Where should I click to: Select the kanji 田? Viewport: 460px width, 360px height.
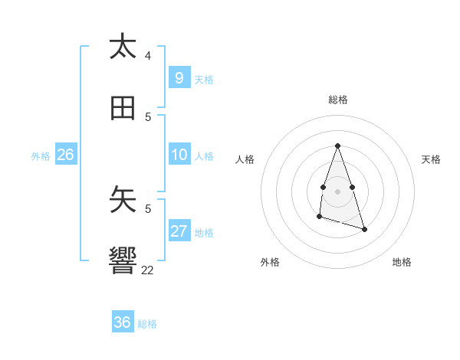[123, 109]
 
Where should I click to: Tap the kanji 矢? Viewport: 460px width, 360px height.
[123, 200]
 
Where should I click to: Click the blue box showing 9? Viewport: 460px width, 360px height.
[179, 77]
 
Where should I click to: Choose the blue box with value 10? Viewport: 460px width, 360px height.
[179, 155]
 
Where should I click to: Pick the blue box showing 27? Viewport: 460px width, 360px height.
[179, 231]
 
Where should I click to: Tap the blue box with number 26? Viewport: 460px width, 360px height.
[65, 155]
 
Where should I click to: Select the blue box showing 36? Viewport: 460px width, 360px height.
[122, 322]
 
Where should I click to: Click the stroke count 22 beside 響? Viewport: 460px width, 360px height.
[148, 270]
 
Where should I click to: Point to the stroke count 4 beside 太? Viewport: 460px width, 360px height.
[148, 56]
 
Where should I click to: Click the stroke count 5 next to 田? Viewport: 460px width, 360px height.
[148, 117]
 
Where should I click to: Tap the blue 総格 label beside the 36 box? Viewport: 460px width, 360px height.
[147, 324]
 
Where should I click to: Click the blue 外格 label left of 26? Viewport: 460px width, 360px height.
[41, 155]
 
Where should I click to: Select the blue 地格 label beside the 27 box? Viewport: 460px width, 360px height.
[204, 233]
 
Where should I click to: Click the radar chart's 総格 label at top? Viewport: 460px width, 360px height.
[338, 100]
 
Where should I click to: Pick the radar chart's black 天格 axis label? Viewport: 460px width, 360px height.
[431, 159]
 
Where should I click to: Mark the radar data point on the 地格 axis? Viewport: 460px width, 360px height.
[364, 229]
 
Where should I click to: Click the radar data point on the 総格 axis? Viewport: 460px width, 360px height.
[337, 146]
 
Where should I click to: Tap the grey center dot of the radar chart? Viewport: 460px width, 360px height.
[337, 191]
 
